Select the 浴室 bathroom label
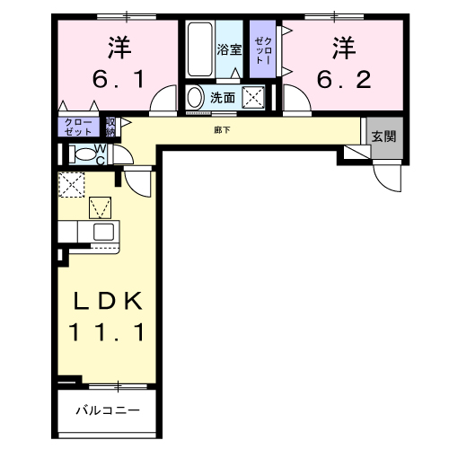(229, 50)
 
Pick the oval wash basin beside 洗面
(195, 98)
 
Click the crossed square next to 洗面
(254, 98)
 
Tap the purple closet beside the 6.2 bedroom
(262, 50)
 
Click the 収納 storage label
(110, 127)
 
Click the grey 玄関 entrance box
(383, 137)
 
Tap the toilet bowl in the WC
(84, 154)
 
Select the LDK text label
(105, 298)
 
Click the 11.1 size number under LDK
(105, 332)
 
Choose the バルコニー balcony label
(107, 411)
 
